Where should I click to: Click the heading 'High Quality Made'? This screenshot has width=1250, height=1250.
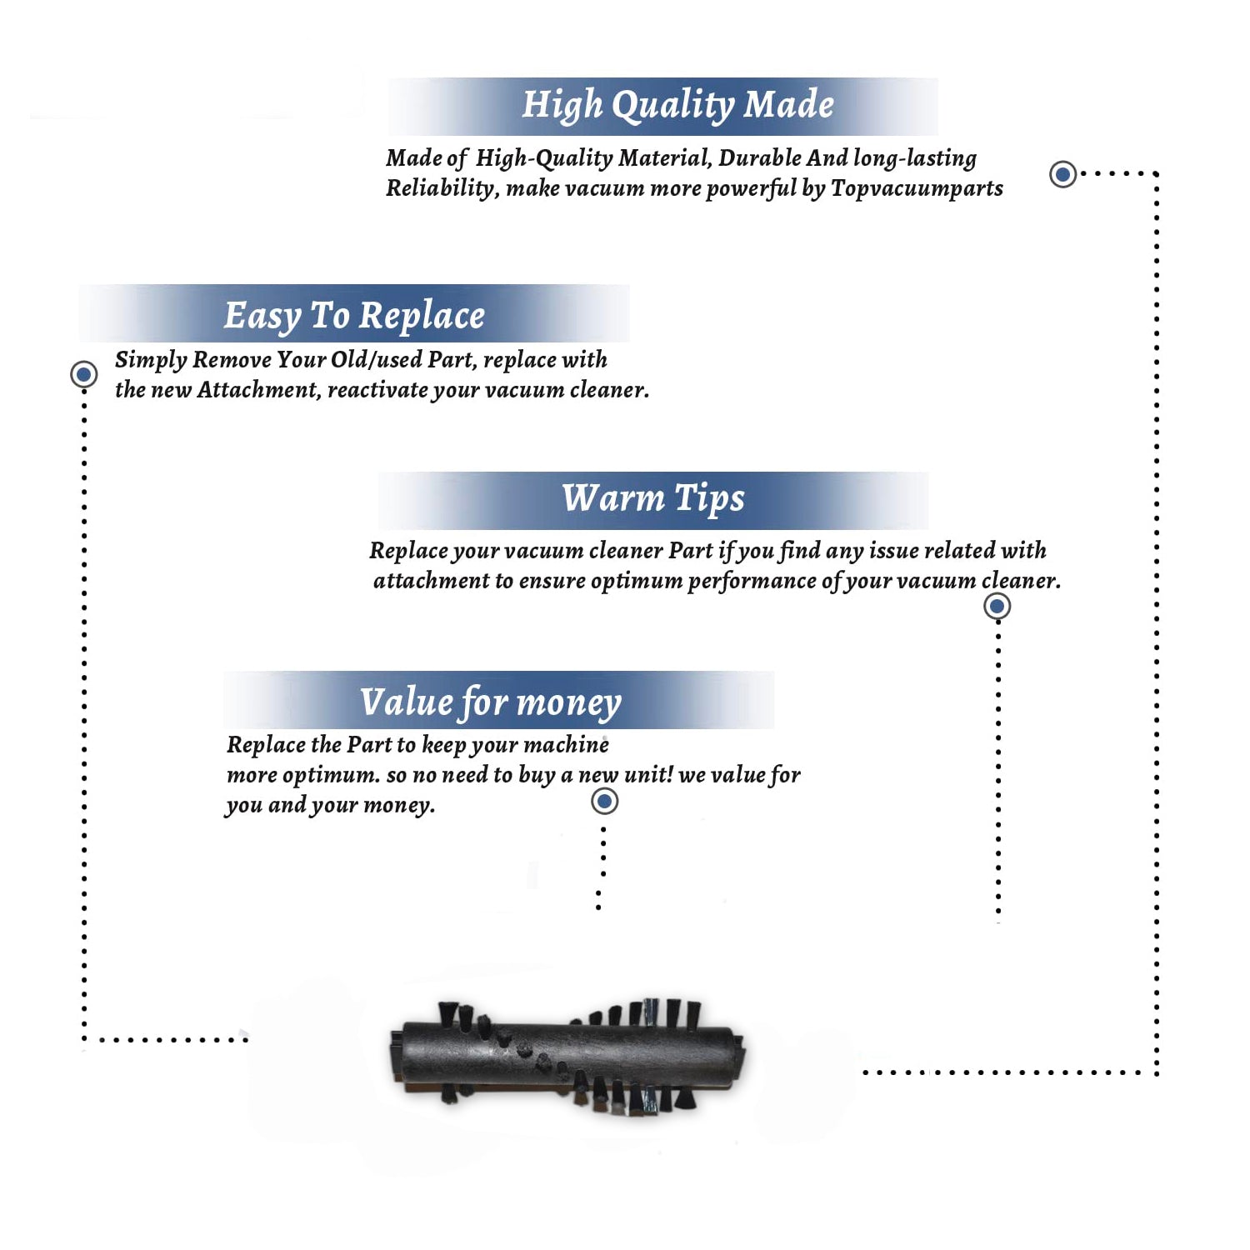coord(677,106)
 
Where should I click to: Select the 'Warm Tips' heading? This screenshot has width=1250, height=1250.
coord(653,499)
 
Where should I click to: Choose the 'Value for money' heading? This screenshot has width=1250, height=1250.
coord(491,702)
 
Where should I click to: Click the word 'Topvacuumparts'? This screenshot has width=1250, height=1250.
coord(917,189)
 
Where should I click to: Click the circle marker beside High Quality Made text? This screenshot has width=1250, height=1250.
coord(1062,174)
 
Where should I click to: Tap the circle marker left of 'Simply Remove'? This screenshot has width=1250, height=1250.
coord(83,374)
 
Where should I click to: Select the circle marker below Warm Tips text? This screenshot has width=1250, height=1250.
coord(997,606)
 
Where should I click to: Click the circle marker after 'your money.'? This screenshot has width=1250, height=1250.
coord(604,802)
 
